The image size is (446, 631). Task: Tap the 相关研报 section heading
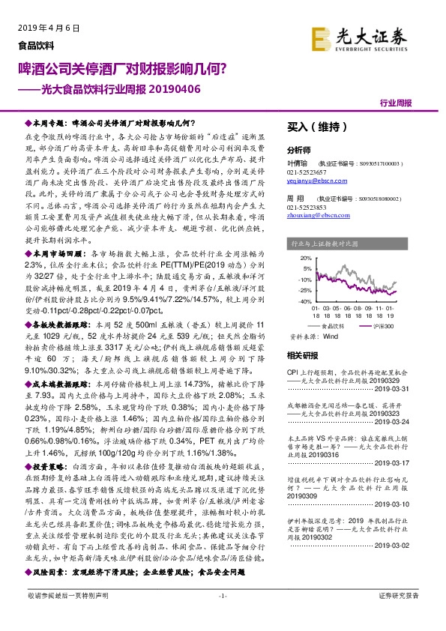coord(304,355)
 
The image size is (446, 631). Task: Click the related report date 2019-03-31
coord(409,388)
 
